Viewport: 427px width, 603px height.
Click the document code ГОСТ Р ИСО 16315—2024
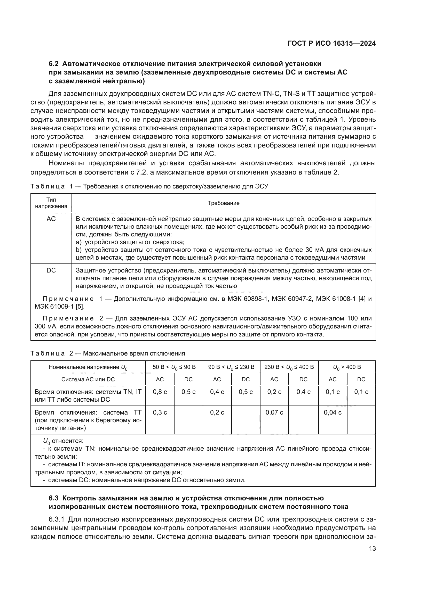(331, 44)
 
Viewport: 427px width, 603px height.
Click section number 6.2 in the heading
(54, 64)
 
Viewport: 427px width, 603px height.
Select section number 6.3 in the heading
(54, 498)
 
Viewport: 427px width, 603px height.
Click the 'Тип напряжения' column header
(51, 203)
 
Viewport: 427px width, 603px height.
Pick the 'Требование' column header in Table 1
(224, 203)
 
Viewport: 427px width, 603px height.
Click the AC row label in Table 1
(51, 219)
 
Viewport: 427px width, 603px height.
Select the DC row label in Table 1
(51, 270)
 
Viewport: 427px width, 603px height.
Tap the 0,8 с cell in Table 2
(160, 392)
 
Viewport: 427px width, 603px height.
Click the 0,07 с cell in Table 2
(274, 412)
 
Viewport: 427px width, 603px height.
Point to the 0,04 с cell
(332, 412)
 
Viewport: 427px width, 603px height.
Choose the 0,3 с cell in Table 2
(160, 412)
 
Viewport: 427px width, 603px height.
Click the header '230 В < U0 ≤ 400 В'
(289, 367)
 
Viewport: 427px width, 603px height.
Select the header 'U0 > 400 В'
(347, 367)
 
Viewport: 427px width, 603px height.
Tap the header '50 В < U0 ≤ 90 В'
(174, 367)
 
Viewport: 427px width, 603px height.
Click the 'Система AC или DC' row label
(88, 379)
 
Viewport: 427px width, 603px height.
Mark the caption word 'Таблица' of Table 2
(48, 353)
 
